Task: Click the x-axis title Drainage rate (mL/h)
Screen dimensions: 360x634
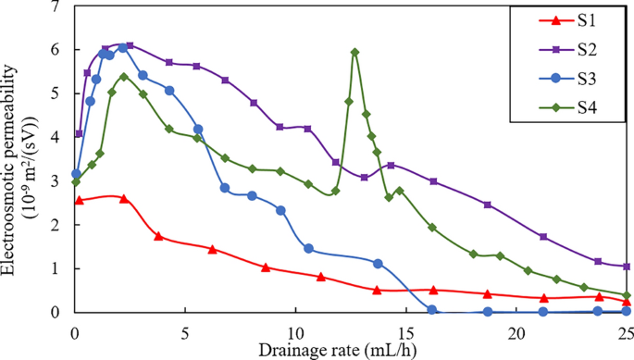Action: [x=350, y=350]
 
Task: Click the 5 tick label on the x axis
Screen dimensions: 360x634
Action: [x=186, y=330]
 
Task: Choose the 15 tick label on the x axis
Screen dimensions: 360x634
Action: [x=406, y=330]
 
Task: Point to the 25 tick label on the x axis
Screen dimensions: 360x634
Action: [x=626, y=330]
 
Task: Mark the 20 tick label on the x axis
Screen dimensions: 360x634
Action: [x=516, y=330]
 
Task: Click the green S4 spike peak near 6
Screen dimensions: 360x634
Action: [x=355, y=52]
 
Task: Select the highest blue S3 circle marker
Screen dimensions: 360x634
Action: [x=123, y=47]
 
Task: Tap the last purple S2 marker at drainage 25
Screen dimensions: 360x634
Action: [x=627, y=267]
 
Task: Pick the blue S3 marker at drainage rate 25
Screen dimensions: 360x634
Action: [x=627, y=312]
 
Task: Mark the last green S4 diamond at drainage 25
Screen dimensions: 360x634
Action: [x=627, y=295]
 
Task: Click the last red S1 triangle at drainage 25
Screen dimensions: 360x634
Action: [x=627, y=302]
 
